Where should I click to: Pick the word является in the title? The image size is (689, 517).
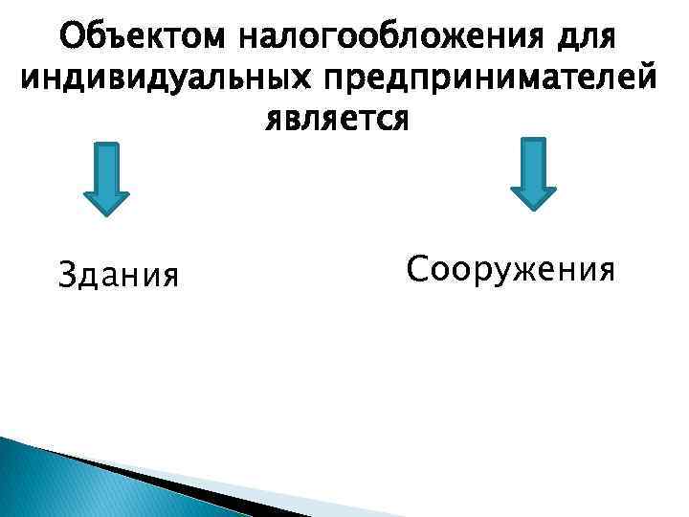tap(336, 122)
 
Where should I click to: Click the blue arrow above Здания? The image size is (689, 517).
tap(106, 177)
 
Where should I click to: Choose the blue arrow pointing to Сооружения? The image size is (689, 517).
tap(533, 172)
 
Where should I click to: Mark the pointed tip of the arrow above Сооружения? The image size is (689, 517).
tap(533, 207)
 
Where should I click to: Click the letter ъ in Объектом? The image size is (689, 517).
tap(111, 39)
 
